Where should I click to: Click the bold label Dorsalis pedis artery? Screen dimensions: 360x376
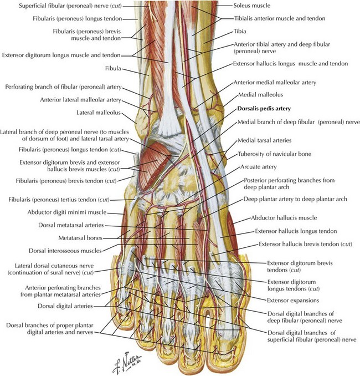coord(264,109)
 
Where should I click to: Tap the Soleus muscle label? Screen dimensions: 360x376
coord(252,6)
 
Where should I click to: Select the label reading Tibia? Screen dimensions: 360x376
coord(240,31)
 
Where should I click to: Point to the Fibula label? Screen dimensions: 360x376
coord(113,69)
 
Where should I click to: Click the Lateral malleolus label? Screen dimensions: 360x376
coord(99,113)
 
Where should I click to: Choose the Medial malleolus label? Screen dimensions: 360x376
coord(260,95)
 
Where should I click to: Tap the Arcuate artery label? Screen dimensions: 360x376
coord(259,167)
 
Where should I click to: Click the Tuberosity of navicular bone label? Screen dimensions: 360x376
coord(275,154)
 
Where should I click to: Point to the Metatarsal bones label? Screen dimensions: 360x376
coord(80,238)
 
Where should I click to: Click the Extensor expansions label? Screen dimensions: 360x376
coord(293,301)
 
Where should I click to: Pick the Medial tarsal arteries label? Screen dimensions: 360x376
coord(264,140)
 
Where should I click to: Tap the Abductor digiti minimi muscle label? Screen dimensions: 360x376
coord(67,212)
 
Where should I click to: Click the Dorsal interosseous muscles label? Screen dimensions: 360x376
coord(65,251)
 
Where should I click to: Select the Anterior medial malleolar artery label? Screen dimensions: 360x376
coord(275,83)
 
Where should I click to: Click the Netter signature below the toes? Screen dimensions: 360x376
coord(127,363)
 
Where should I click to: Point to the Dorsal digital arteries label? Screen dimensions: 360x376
coord(65,306)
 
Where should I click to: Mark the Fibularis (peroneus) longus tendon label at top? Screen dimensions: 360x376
coord(78,18)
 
